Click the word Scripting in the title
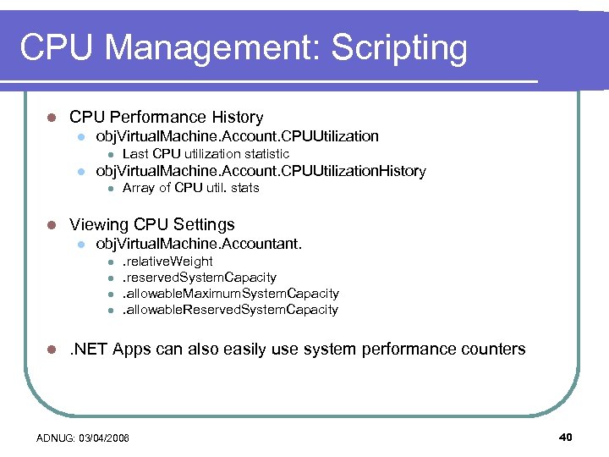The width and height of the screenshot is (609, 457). (x=398, y=48)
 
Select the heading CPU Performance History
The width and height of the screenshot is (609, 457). (x=166, y=118)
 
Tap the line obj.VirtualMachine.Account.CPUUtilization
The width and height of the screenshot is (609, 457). (x=237, y=136)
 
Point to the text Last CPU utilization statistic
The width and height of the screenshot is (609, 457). (x=206, y=154)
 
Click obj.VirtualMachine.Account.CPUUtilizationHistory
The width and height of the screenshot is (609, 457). (x=261, y=171)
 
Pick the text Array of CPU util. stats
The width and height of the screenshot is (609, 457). (x=190, y=188)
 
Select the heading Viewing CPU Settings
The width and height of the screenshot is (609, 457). (x=151, y=224)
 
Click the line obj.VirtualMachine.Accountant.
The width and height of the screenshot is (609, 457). (x=199, y=245)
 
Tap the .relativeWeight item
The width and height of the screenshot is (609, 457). (x=167, y=262)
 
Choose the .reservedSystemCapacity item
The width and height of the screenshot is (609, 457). (x=199, y=278)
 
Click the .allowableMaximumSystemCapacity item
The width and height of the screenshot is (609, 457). (x=230, y=294)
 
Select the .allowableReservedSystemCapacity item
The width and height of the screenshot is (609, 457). (x=230, y=310)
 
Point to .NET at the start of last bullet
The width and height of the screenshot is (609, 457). (x=89, y=349)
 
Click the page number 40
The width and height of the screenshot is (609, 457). (x=566, y=437)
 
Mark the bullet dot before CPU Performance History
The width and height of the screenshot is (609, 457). (x=51, y=118)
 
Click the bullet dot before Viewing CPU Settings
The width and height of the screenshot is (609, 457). (x=51, y=225)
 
